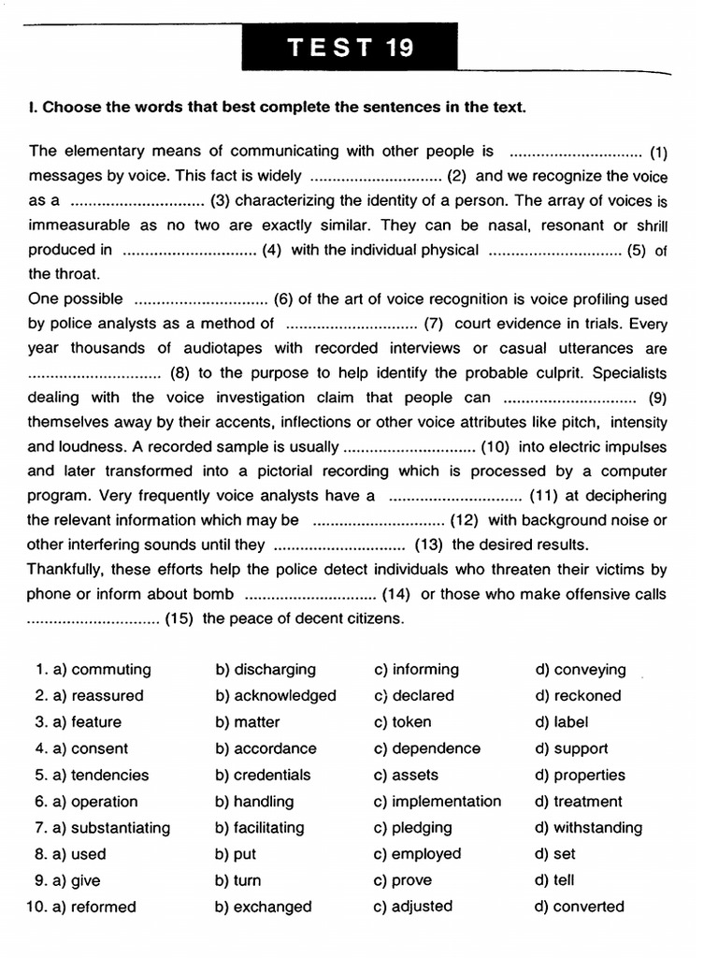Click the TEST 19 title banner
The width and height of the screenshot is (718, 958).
351,48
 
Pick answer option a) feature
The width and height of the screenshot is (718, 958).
86,722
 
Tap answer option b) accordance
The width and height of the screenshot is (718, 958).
266,748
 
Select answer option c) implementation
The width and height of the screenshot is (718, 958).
437,802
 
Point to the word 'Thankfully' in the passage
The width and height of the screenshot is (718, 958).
67,569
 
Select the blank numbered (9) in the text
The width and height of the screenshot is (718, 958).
574,398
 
